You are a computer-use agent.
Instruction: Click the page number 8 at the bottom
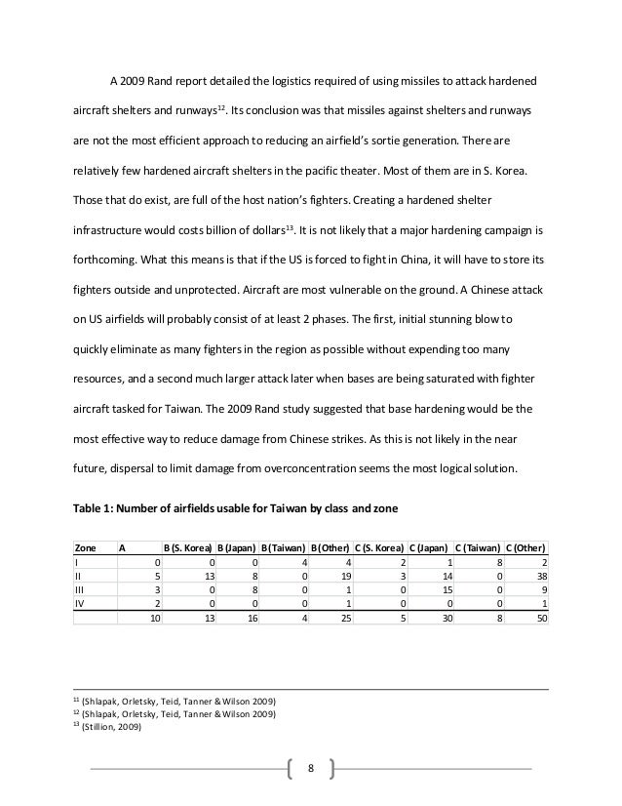point(310,768)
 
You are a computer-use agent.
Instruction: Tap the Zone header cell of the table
point(87,547)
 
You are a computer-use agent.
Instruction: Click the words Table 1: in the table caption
point(96,506)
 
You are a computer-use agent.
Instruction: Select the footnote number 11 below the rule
point(77,700)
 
